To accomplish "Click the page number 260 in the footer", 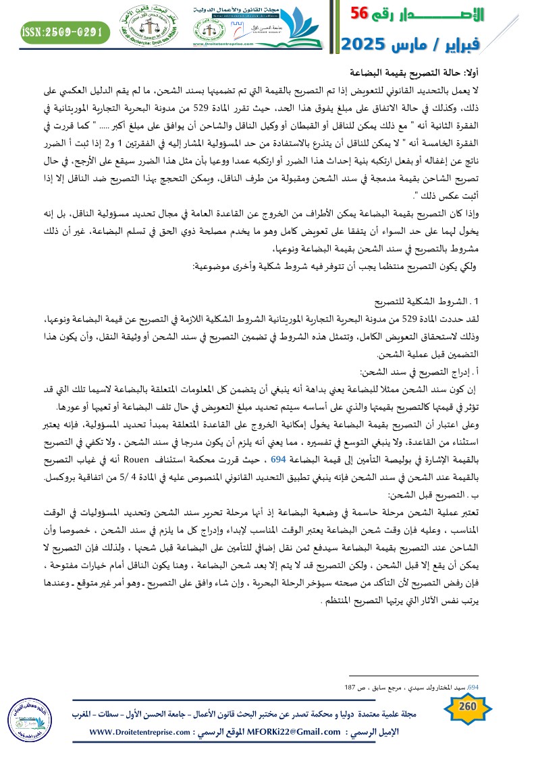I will (468, 706).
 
